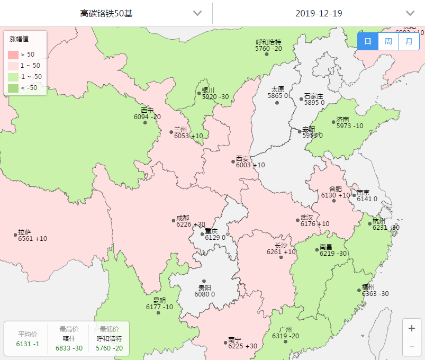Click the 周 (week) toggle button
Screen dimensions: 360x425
388,41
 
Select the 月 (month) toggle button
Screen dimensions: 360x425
409,41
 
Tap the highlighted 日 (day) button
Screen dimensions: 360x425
368,41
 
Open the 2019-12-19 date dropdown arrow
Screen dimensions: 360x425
410,13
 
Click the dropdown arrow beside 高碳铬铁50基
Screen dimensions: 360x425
197,13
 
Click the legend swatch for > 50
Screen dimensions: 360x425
13,55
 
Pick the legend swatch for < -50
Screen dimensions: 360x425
13,88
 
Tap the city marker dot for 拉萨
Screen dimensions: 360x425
15,235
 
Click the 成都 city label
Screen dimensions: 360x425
183,218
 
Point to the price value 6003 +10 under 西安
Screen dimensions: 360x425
250,165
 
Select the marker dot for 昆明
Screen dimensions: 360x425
158,312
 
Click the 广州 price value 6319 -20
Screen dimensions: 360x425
285,336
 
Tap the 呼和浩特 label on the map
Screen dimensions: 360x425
268,42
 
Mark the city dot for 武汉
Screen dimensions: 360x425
297,220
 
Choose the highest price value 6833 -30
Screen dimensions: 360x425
69,348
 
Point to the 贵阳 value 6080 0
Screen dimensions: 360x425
204,294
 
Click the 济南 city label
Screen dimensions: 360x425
343,119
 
